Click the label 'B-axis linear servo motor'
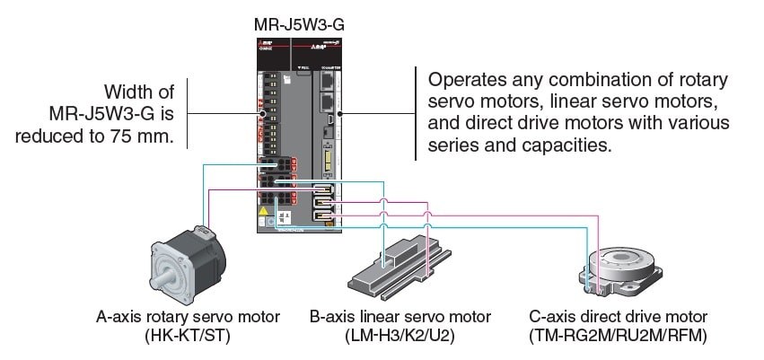[400, 317]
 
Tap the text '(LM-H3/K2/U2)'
[400, 337]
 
